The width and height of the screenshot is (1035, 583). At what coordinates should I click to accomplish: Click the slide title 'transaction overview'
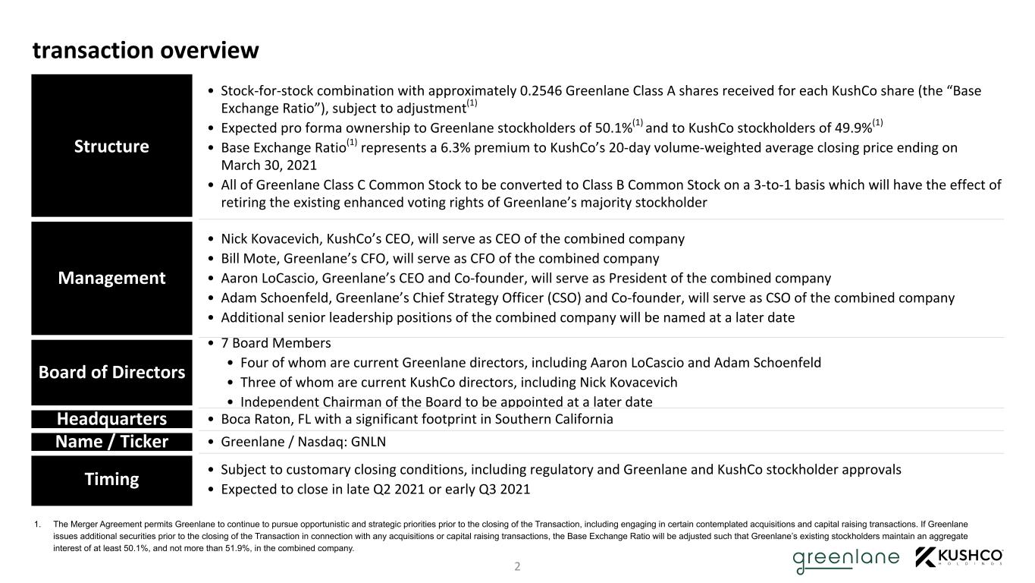(x=146, y=50)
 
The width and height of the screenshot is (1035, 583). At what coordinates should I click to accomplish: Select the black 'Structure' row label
(x=111, y=146)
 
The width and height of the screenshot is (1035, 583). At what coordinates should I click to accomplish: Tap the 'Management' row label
(x=111, y=278)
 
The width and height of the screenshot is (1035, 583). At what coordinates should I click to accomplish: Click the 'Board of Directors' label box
(x=111, y=372)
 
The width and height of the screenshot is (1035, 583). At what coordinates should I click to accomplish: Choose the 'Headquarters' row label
(x=111, y=419)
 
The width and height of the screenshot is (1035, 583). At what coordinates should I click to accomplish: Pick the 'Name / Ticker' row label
(x=111, y=442)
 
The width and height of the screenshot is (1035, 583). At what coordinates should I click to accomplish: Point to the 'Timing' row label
(x=111, y=479)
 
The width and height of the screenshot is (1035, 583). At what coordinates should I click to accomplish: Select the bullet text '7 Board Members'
(x=275, y=343)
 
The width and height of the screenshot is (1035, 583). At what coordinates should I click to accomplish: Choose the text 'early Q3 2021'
(x=488, y=489)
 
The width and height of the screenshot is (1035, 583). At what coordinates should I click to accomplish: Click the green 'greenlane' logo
(x=845, y=559)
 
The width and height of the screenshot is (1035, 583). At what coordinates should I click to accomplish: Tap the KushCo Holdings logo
(x=960, y=557)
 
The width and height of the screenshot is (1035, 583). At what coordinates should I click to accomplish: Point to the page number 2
(x=517, y=566)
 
